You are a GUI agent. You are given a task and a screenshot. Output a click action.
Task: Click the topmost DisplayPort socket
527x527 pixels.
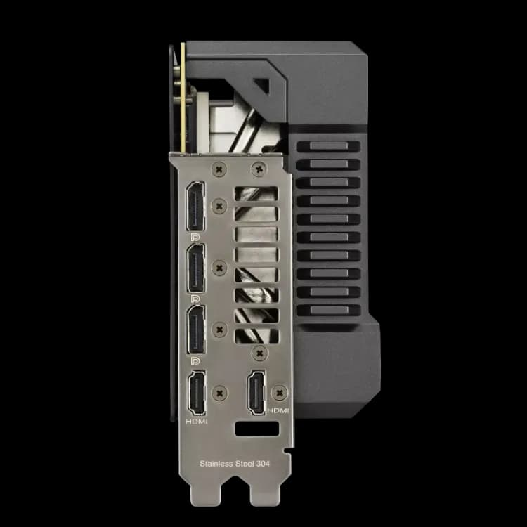195,206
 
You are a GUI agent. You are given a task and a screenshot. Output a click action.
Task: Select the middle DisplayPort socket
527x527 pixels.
196,268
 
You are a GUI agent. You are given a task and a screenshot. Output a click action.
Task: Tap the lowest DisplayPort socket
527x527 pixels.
196,330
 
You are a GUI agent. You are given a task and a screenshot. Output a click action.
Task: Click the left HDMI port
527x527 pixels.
197,393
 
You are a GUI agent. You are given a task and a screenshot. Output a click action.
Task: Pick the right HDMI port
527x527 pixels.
256,393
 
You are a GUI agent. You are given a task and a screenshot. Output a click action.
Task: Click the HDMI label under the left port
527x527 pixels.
197,422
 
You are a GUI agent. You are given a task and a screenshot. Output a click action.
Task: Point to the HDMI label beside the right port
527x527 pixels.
278,411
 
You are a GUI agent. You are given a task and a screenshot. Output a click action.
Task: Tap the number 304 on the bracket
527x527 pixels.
263,464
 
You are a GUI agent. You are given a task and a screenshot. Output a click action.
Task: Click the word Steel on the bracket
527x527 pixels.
245,464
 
